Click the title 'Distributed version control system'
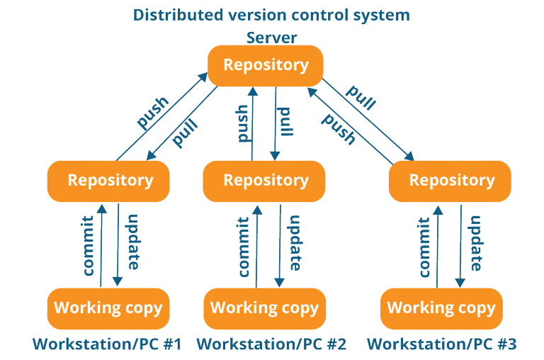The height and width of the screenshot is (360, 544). click(271, 16)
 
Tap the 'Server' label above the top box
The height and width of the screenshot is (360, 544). click(272, 38)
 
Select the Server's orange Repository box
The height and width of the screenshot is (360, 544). click(266, 66)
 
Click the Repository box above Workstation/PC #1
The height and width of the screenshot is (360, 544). click(108, 181)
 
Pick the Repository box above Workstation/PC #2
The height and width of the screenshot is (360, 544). click(264, 181)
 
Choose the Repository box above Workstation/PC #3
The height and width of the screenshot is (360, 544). click(450, 181)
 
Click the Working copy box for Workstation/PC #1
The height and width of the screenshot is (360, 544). click(108, 308)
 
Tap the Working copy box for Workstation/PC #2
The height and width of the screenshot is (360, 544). click(265, 308)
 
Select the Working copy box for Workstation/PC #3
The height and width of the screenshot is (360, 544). click(442, 308)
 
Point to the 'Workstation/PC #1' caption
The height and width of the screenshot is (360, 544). click(107, 344)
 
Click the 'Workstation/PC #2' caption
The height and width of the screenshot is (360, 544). click(272, 344)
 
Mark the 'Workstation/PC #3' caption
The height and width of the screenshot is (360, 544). click(442, 344)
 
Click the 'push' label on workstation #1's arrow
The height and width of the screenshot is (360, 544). click(153, 112)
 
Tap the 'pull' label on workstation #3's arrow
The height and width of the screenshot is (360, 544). click(361, 97)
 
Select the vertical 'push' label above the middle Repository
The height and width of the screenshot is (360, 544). click(243, 123)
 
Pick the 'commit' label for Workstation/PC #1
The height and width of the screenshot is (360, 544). click(88, 246)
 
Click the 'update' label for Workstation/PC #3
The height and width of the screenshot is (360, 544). click(475, 243)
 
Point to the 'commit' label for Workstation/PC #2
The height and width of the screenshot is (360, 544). click(244, 247)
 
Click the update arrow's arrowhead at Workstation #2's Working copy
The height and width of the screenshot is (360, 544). click(279, 283)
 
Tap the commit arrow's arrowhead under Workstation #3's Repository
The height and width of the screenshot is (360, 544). click(438, 210)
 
